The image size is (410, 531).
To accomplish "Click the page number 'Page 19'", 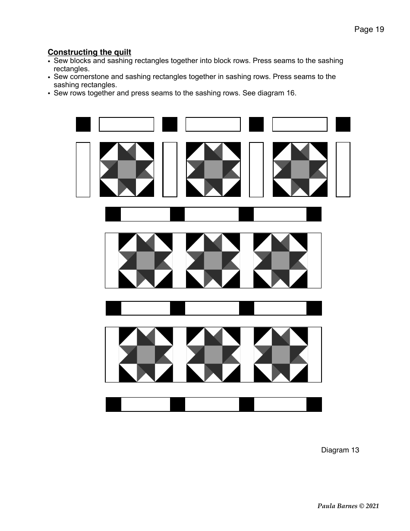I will point(369,29).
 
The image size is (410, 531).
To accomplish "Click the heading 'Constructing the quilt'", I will point(89,52).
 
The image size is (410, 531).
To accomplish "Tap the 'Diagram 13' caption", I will point(340,450).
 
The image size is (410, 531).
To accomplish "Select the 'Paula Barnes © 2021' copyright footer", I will point(348,506).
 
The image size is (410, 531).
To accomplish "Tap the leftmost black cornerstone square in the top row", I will point(83,124).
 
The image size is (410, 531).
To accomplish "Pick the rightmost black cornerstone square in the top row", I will point(343,124).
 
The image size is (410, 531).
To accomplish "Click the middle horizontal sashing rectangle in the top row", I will point(213,124).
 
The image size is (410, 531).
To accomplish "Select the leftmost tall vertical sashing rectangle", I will point(83,170).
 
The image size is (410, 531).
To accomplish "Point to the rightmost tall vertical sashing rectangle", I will point(343,170).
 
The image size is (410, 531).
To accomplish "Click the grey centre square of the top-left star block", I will point(126,170).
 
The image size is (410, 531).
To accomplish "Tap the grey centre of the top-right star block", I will point(300,170).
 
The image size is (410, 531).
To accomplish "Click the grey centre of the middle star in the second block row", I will point(213,260).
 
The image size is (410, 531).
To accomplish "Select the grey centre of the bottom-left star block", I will point(145,355).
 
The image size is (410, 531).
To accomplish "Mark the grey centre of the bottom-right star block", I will point(281,355).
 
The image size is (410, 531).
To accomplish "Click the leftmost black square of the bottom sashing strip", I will point(114,405).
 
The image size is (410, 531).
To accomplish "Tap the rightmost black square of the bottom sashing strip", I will point(314,405).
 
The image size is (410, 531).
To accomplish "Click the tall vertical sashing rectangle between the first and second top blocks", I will point(170,170).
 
